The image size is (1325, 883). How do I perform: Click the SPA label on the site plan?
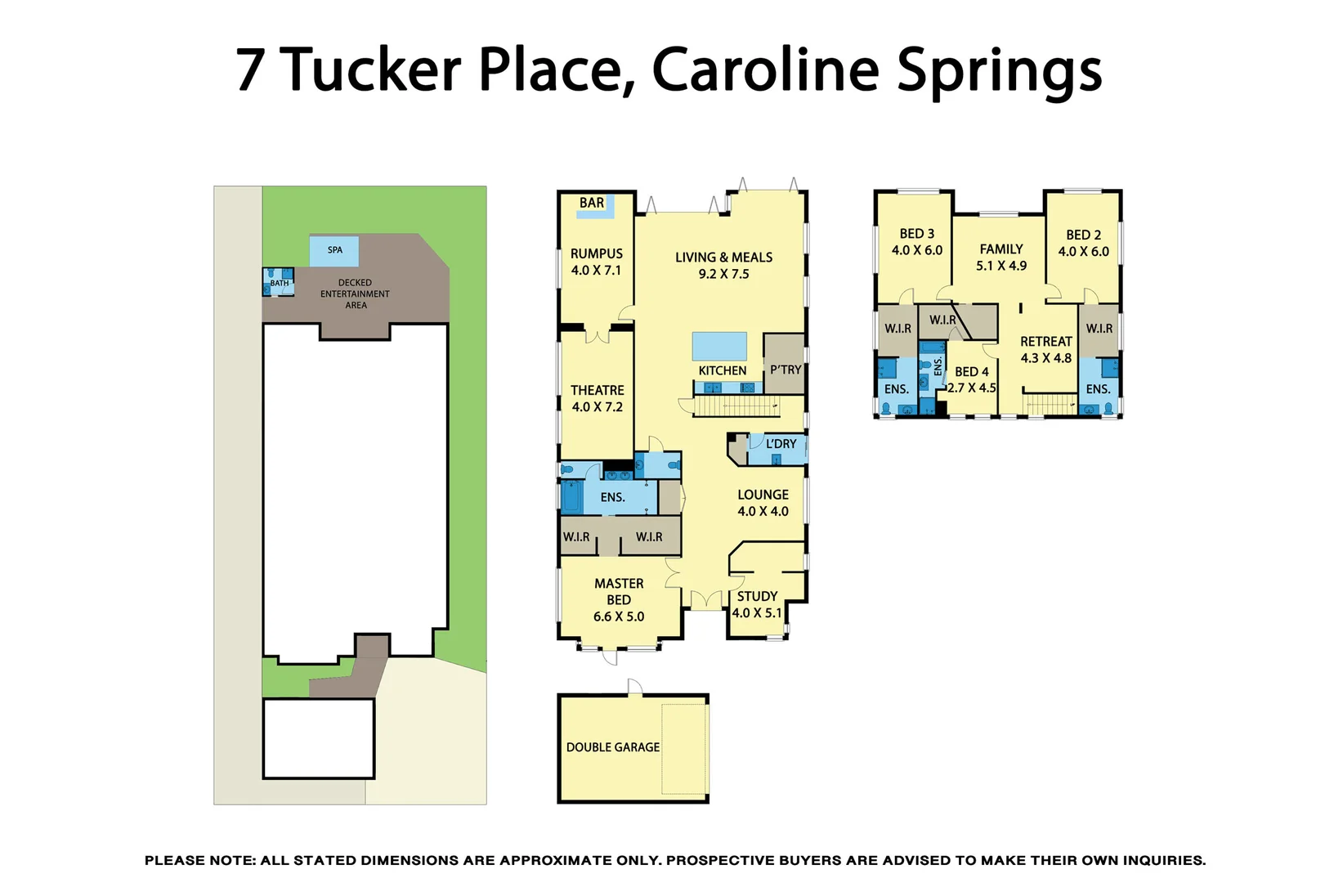click(x=335, y=250)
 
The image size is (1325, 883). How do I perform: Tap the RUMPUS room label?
click(x=596, y=254)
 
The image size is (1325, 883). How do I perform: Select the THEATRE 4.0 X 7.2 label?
click(x=597, y=398)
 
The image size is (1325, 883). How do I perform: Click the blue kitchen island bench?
click(x=719, y=346)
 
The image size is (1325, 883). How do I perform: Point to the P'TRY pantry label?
click(x=786, y=370)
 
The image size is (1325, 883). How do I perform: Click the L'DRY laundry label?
click(x=781, y=444)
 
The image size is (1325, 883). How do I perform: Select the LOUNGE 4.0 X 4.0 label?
click(x=763, y=503)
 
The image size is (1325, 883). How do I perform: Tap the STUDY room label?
click(x=757, y=597)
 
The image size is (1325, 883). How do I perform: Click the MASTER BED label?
click(x=619, y=592)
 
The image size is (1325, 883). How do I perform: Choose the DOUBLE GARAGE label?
click(x=613, y=747)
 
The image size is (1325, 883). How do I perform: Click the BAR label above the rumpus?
click(x=592, y=203)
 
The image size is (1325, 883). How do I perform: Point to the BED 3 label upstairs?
click(x=917, y=234)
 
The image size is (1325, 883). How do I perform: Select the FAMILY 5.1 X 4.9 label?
click(x=1001, y=257)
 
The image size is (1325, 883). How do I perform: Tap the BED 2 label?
click(x=1084, y=235)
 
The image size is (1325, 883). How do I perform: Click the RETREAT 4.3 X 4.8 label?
click(x=1045, y=349)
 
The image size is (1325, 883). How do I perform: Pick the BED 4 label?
click(x=972, y=372)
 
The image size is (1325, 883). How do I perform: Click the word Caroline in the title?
click(x=765, y=69)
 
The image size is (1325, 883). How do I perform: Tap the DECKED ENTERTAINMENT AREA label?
click(x=355, y=294)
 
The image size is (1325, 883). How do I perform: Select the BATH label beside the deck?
click(x=280, y=284)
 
